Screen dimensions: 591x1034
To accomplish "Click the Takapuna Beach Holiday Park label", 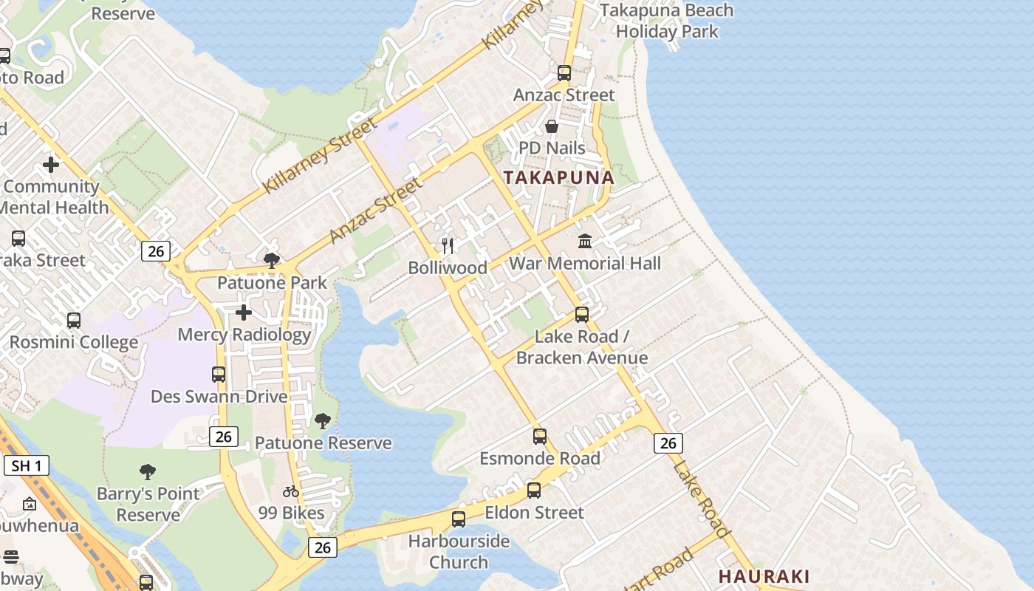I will click(x=666, y=21).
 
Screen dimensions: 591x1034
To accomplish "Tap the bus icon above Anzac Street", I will click(x=564, y=73).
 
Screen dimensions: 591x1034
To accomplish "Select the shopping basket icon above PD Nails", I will click(x=552, y=126).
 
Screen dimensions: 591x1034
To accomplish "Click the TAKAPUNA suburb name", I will click(x=559, y=177).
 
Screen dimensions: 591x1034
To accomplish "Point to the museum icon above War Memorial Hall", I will click(x=585, y=241).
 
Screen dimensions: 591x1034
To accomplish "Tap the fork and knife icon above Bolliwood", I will click(x=448, y=245).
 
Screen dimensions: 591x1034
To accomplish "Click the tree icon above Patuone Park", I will click(x=272, y=260).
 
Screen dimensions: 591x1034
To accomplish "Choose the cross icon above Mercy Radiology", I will click(x=244, y=312).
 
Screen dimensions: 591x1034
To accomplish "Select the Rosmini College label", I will click(x=74, y=342).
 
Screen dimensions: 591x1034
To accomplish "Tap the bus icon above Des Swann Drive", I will click(x=219, y=375).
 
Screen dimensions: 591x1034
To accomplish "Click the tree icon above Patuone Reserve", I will click(x=323, y=421).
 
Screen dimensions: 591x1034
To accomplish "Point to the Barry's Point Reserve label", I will click(x=148, y=504).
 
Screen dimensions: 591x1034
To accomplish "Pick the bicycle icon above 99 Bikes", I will click(x=291, y=491).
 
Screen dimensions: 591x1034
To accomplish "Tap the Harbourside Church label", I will click(x=459, y=551).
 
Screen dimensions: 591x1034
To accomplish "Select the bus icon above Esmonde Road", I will click(x=540, y=437).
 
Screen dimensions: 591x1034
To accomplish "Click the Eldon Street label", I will click(x=534, y=512).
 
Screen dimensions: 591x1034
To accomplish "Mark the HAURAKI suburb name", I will click(x=764, y=576).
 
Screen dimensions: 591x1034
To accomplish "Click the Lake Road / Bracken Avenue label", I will click(x=582, y=347).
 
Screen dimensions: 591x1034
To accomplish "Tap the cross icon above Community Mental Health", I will click(x=51, y=165).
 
